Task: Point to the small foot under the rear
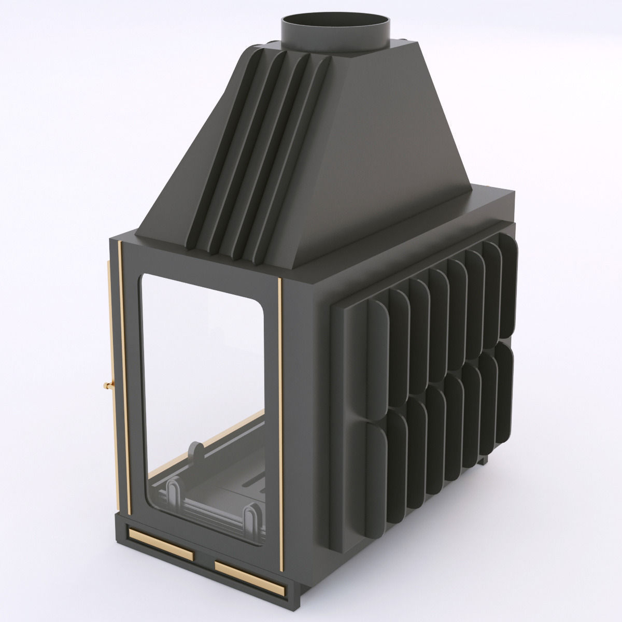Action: pos(484,460)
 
